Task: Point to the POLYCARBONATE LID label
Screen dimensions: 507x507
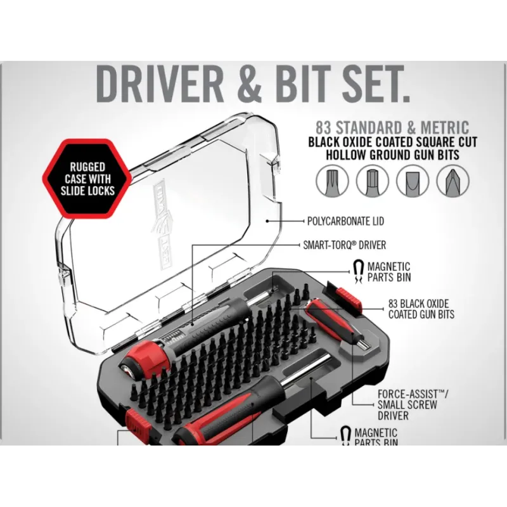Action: click(x=345, y=222)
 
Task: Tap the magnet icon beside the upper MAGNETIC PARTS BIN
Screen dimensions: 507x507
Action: click(x=358, y=271)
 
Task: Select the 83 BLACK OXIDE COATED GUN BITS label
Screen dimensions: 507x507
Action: click(x=421, y=309)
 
